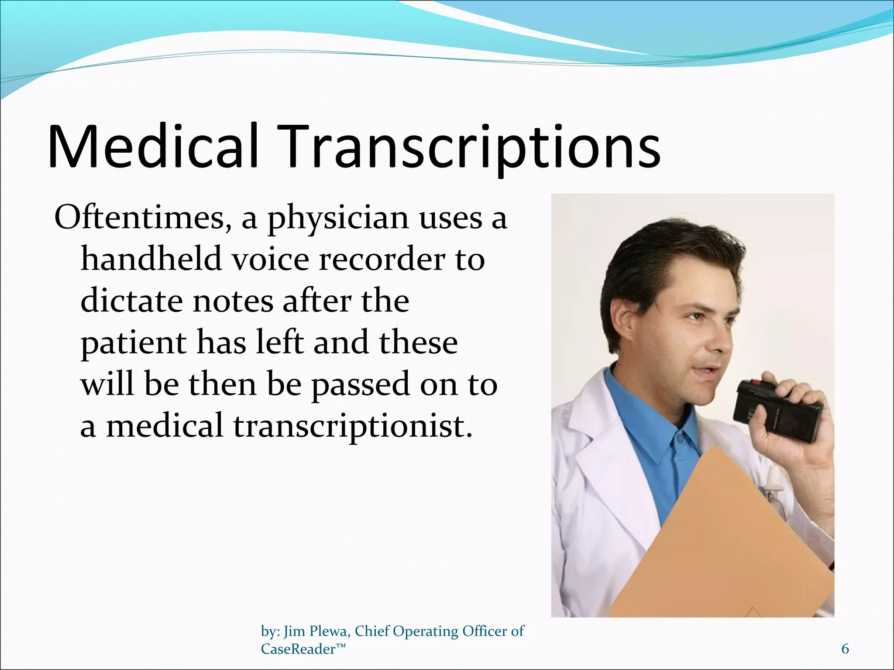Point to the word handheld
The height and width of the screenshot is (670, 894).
151,260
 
